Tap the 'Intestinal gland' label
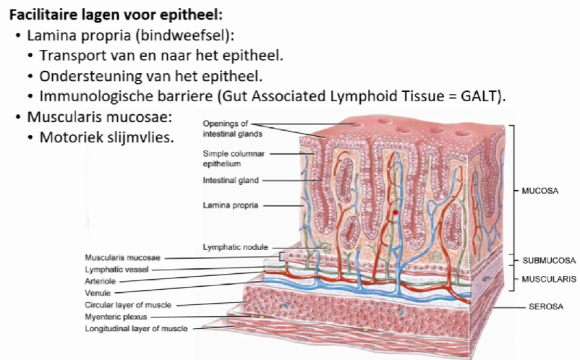coord(230,179)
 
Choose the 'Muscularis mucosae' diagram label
coord(122,257)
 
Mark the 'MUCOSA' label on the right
coord(541,192)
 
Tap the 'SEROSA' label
coord(540,307)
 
